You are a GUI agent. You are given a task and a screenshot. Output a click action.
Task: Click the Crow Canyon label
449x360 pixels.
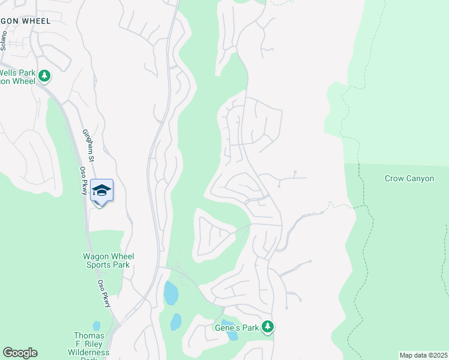[409, 179]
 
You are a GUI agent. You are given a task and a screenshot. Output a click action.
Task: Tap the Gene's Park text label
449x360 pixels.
[236, 328]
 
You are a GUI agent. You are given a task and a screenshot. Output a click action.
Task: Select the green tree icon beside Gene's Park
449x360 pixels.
[268, 327]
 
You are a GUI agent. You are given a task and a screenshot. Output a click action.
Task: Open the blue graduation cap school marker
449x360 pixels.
[101, 191]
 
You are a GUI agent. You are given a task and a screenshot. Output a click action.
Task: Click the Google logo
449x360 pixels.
[20, 353]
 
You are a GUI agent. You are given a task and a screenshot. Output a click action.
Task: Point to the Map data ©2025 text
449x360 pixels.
[423, 355]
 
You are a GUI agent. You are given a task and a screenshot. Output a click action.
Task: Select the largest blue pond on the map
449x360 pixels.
[171, 293]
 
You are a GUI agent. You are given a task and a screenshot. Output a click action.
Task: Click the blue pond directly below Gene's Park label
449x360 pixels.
[232, 337]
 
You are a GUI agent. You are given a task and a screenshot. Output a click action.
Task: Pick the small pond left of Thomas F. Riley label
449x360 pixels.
[97, 326]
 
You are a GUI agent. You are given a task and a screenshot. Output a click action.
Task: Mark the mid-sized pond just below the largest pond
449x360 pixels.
[175, 322]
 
